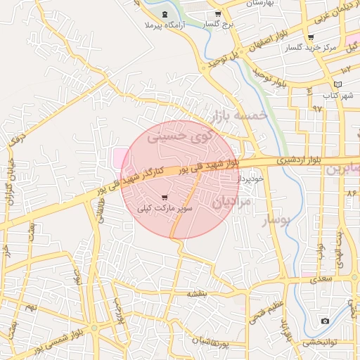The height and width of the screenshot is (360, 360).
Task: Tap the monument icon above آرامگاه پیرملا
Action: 165,15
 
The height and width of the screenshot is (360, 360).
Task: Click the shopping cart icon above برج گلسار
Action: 218,14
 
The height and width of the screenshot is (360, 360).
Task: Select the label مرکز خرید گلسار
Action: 311,49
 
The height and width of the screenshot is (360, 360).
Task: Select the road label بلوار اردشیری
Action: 297,160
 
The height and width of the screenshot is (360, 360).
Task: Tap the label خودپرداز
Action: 250,179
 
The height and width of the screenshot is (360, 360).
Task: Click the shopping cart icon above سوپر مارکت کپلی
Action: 165,198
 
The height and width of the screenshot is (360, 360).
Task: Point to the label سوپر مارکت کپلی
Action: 165,209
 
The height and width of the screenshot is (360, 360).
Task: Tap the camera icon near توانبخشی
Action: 325,321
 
